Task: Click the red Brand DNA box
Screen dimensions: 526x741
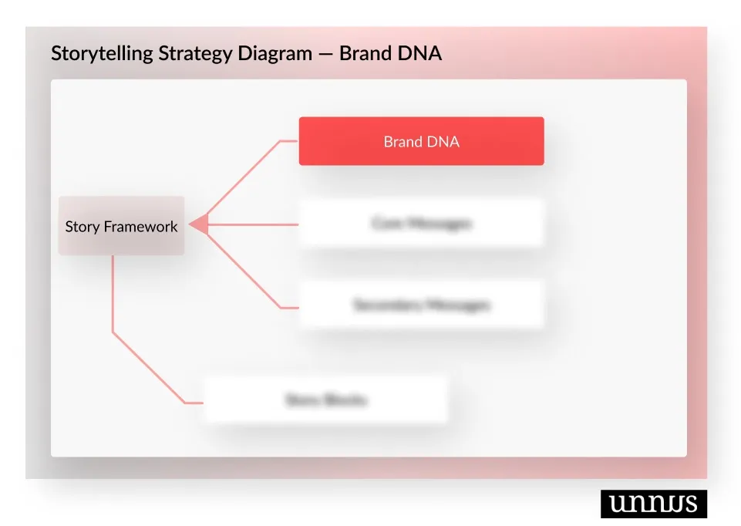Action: pos(421,141)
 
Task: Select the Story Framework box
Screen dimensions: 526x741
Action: pos(121,226)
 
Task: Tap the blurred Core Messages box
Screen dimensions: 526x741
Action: pos(421,224)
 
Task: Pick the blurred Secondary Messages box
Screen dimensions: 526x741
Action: pos(421,305)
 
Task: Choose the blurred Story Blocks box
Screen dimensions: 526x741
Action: pos(326,400)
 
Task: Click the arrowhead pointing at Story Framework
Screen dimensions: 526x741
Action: pos(198,224)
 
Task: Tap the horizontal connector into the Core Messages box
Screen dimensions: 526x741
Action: pos(254,224)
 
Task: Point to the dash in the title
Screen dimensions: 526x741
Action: pos(326,54)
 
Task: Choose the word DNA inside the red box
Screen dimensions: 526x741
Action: pos(444,142)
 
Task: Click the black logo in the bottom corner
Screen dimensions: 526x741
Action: pos(653,503)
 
